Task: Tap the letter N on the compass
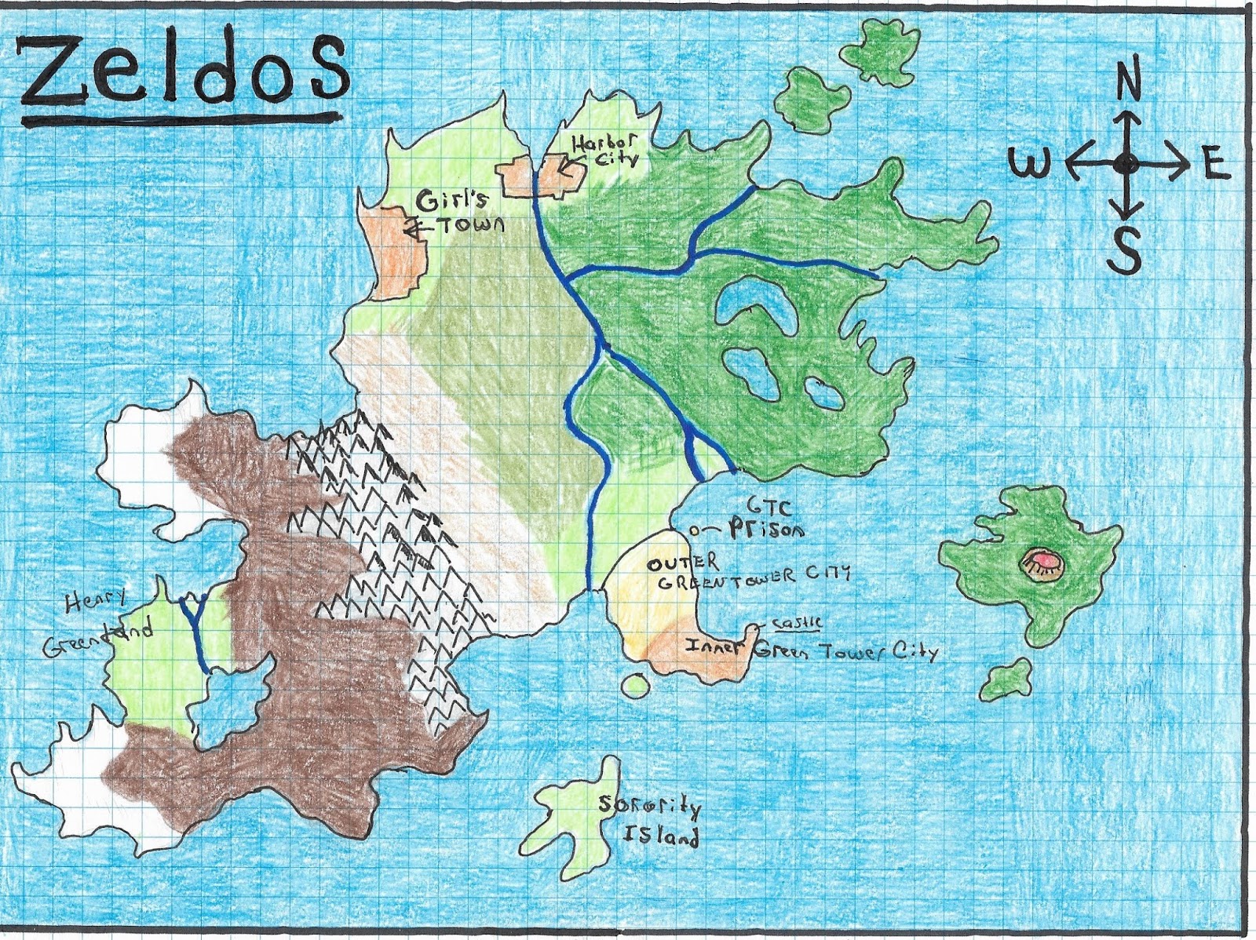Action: point(1128,82)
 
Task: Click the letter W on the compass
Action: point(1028,165)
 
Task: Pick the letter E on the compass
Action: point(1214,166)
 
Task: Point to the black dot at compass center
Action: point(1126,164)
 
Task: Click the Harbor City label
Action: point(604,150)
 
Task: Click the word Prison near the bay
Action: point(765,530)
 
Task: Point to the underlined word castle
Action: point(797,623)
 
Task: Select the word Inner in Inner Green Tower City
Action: point(717,648)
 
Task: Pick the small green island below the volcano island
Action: point(1006,680)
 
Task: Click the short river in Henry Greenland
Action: point(195,636)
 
